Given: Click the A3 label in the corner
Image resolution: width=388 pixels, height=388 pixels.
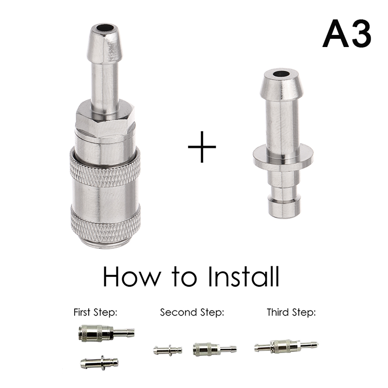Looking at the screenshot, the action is pyautogui.click(x=347, y=33).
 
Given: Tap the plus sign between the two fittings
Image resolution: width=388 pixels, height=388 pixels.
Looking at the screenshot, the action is pyautogui.click(x=202, y=147).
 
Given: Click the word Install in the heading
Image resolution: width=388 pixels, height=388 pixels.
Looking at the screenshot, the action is pyautogui.click(x=244, y=276).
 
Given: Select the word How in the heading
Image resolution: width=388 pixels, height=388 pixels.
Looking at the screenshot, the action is pyautogui.click(x=132, y=276).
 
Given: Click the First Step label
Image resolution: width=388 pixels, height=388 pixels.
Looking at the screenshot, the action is pyautogui.click(x=95, y=312).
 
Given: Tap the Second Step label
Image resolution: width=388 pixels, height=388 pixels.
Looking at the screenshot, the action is pyautogui.click(x=192, y=312).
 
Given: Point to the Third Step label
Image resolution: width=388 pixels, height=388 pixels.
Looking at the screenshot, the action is pyautogui.click(x=291, y=312).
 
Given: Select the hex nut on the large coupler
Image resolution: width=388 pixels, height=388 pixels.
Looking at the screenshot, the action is pyautogui.click(x=105, y=119).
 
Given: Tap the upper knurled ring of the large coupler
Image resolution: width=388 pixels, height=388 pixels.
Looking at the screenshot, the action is pyautogui.click(x=105, y=167).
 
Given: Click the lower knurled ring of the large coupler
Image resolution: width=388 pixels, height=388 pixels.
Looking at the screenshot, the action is pyautogui.click(x=106, y=225).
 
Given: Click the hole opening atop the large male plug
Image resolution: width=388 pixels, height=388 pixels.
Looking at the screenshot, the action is pyautogui.click(x=281, y=74).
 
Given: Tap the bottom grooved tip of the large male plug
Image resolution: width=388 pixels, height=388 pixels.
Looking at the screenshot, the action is pyautogui.click(x=284, y=203).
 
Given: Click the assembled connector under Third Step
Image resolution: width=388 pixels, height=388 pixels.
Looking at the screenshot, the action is pyautogui.click(x=286, y=346).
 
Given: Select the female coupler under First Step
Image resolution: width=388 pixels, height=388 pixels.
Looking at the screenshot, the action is pyautogui.click(x=106, y=333).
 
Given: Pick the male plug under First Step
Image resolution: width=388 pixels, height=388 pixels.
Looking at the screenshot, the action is pyautogui.click(x=99, y=363).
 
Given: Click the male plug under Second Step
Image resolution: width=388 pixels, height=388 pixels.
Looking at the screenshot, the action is pyautogui.click(x=168, y=350).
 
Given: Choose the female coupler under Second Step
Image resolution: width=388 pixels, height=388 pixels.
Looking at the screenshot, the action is pyautogui.click(x=215, y=349).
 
